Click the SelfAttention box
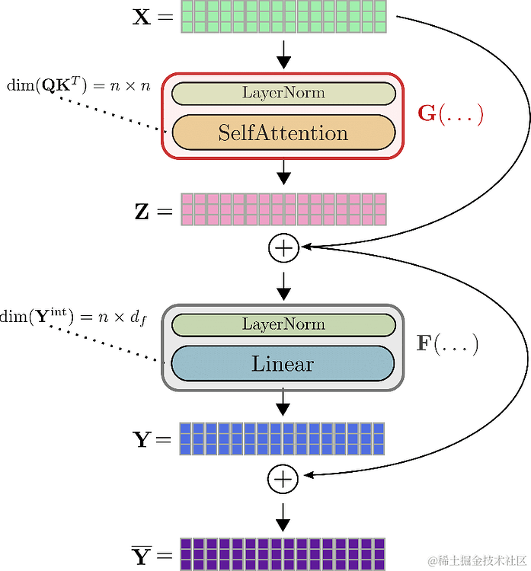click(x=283, y=133)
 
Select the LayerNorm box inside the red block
click(x=283, y=94)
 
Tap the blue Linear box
click(x=283, y=364)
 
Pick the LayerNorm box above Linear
click(x=283, y=324)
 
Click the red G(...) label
click(x=450, y=114)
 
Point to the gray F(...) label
click(x=446, y=344)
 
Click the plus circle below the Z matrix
click(x=283, y=247)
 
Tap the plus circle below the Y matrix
click(x=283, y=479)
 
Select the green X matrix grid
click(x=283, y=17)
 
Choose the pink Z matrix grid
click(x=283, y=209)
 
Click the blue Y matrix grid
click(x=283, y=439)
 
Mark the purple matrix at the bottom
click(x=283, y=553)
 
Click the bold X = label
click(x=152, y=17)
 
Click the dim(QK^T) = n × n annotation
click(x=78, y=85)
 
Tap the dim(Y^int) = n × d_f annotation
click(x=72, y=316)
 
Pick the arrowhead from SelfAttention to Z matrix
click(x=283, y=178)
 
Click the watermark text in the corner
click(x=475, y=561)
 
